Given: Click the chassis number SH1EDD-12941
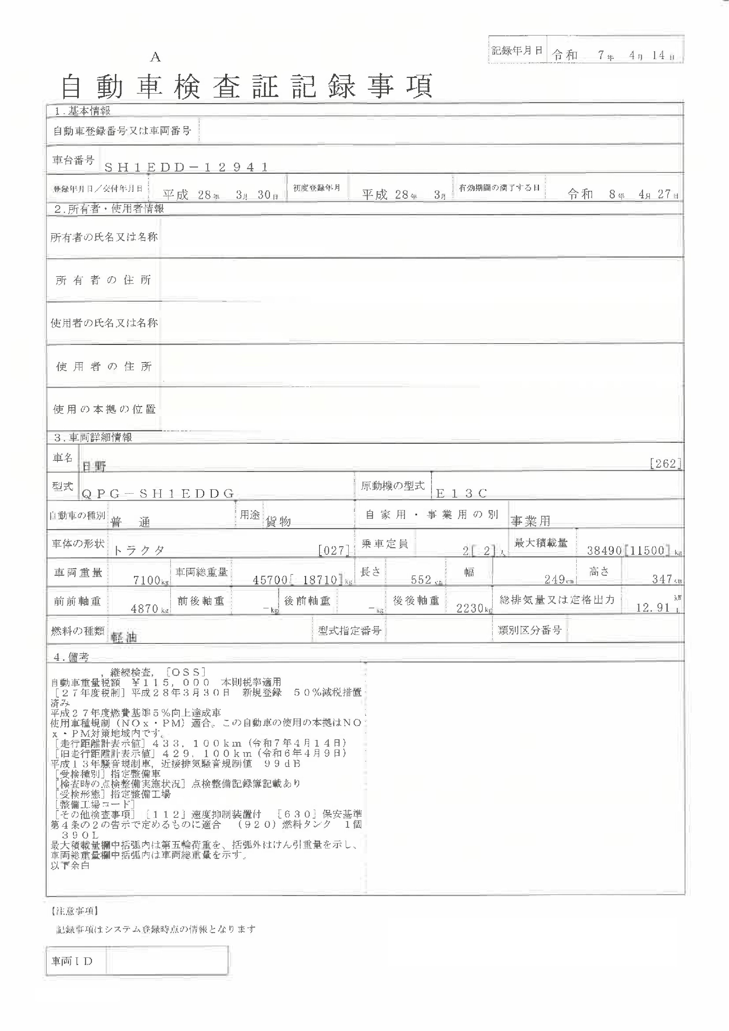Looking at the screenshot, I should tap(186, 168).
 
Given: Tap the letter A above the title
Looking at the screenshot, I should tap(155, 57).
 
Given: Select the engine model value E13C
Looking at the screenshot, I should tap(462, 494).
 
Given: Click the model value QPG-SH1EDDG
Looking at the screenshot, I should tap(158, 494).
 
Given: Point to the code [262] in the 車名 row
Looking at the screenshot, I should tap(666, 463).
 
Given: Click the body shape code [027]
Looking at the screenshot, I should tap(334, 550).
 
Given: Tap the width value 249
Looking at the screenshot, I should tap(555, 579).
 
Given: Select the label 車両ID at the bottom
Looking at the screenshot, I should tap(72, 961).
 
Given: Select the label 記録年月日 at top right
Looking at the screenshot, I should tap(517, 51).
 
